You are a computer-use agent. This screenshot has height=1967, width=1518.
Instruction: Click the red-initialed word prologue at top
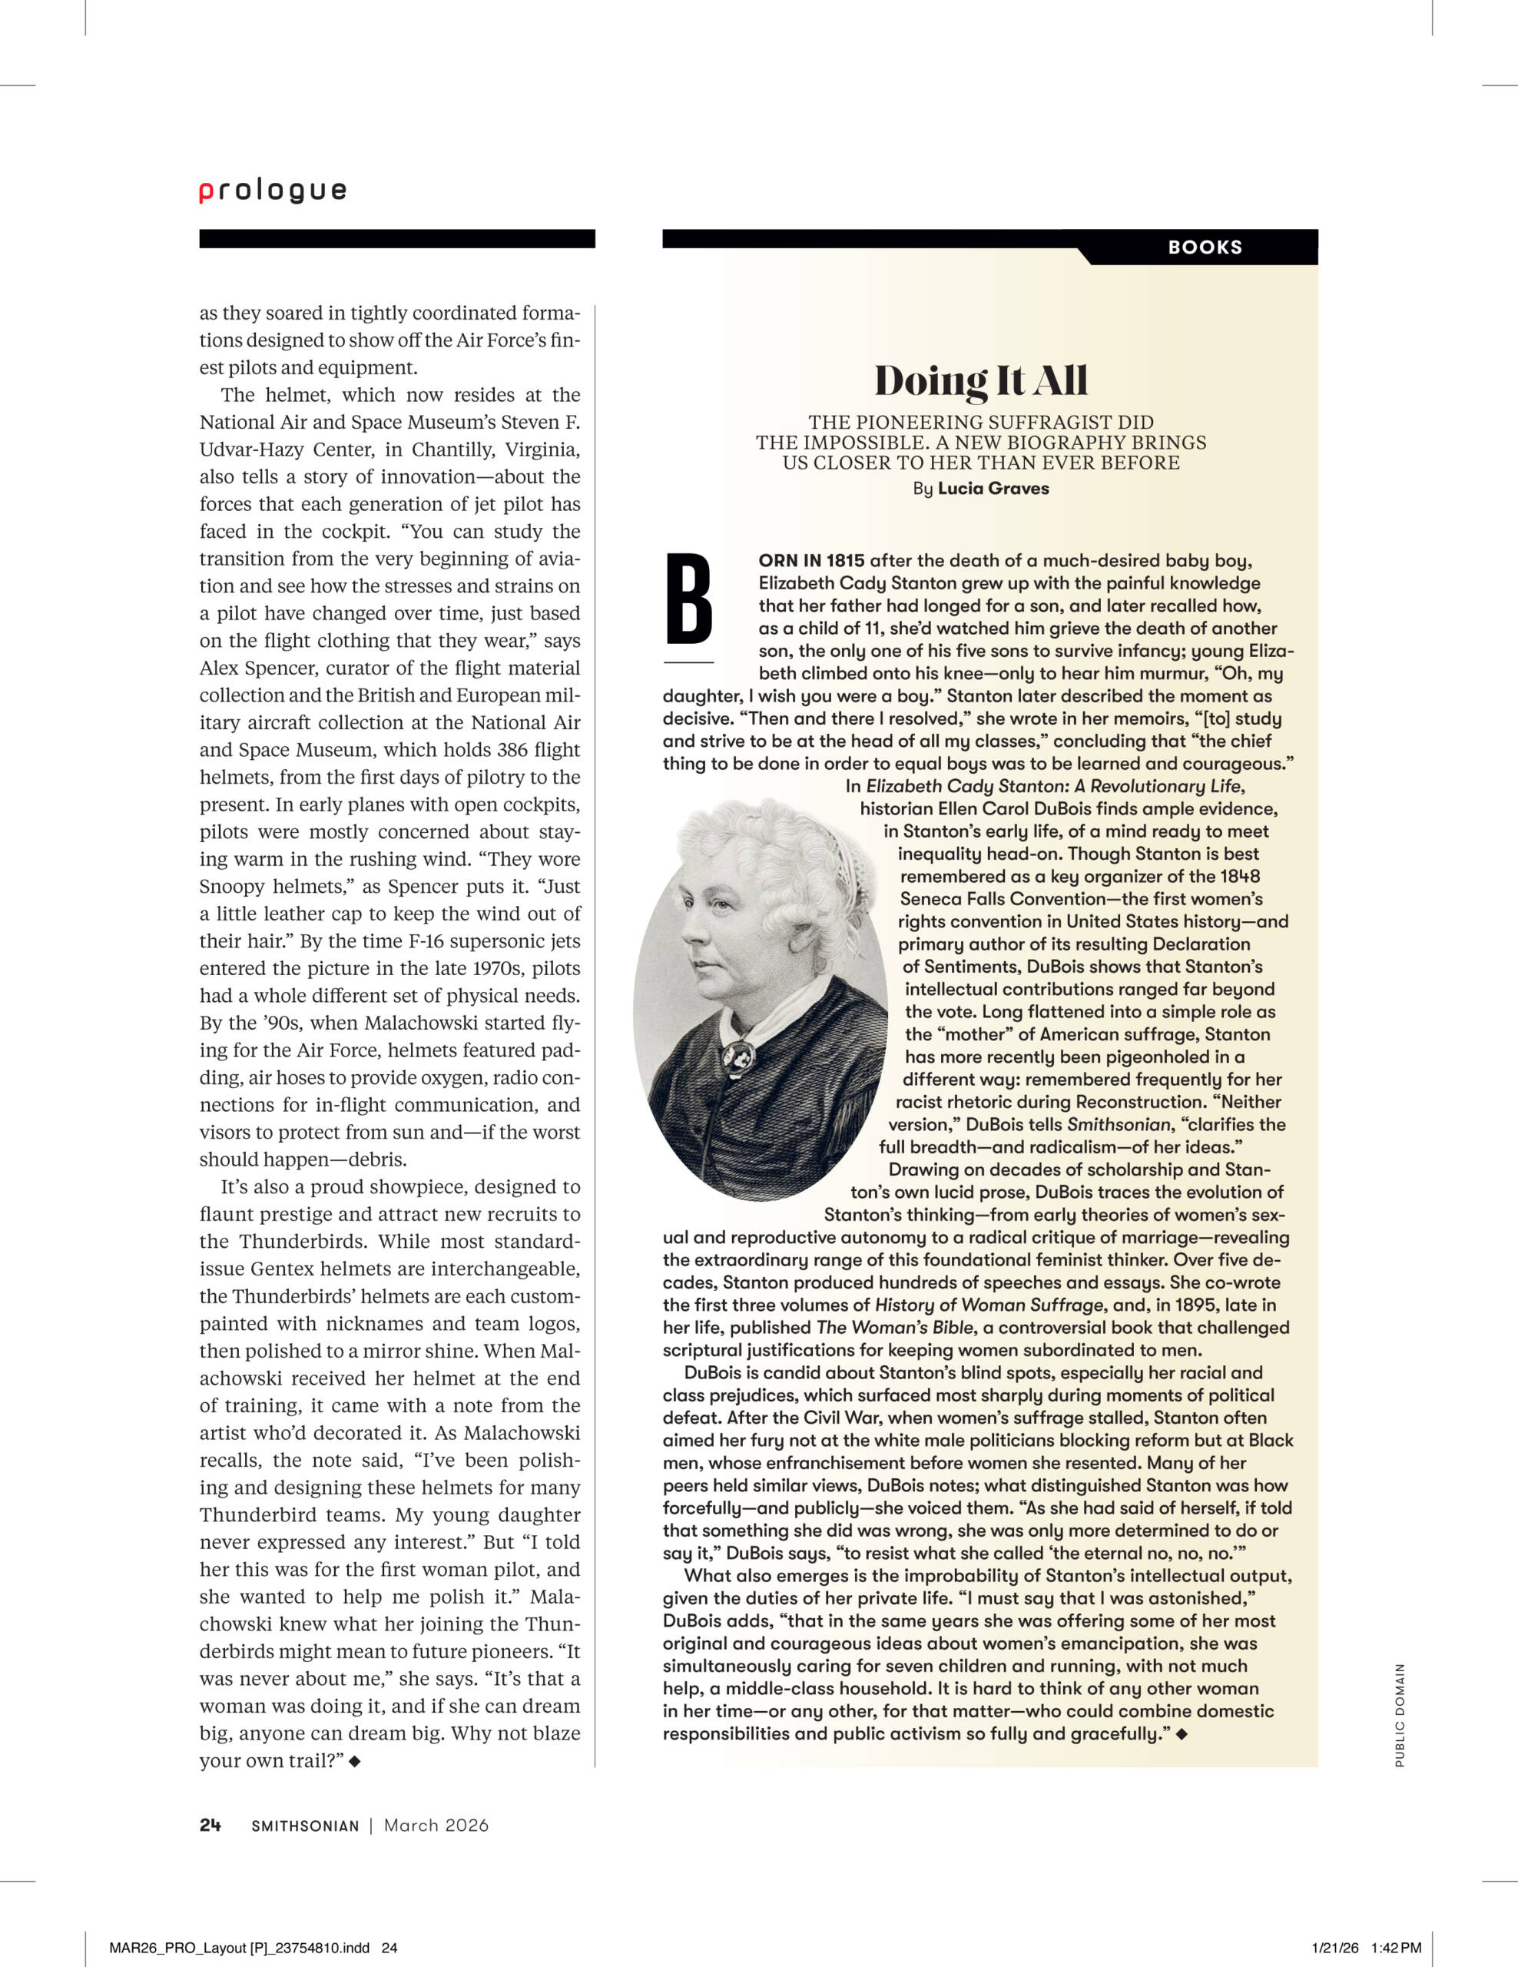tap(273, 191)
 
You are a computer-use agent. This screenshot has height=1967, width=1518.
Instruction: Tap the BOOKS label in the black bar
tap(1205, 247)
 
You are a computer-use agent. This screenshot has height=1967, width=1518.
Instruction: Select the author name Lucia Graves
tap(993, 488)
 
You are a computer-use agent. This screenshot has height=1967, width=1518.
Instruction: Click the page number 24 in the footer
tap(210, 1825)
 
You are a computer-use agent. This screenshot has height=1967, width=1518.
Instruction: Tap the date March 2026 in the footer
tap(436, 1825)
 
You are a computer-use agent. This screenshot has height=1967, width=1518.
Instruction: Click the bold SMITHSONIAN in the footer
tap(305, 1826)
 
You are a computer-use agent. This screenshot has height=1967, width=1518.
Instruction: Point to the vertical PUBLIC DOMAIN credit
tap(1399, 1715)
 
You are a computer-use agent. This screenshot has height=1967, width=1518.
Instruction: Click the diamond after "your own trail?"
tap(355, 1761)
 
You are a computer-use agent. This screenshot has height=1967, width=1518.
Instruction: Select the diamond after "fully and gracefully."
tap(1182, 1733)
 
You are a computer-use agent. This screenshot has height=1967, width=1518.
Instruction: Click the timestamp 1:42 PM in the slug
tap(1396, 1947)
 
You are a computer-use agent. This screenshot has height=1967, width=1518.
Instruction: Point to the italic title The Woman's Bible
tap(894, 1328)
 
